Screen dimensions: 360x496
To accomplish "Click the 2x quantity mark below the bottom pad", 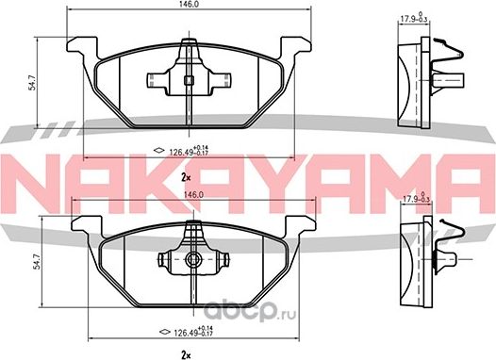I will [x=189, y=353].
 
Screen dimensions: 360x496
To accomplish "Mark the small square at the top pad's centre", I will [x=189, y=80].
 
